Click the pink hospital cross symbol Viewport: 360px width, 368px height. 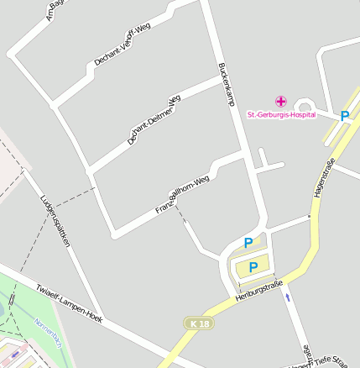(280, 101)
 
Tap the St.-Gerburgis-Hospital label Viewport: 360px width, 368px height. (281, 113)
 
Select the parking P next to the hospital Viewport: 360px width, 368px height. (344, 117)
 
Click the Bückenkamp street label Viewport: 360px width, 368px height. (225, 84)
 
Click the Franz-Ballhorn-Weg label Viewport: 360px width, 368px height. (180, 195)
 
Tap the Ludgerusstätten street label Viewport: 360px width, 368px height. (55, 219)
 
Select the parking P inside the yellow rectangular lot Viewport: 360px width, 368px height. (253, 267)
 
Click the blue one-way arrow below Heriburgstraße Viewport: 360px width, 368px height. (288, 297)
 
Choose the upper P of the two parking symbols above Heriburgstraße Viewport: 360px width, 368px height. (248, 243)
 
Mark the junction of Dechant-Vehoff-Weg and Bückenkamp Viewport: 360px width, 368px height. (201, 3)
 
